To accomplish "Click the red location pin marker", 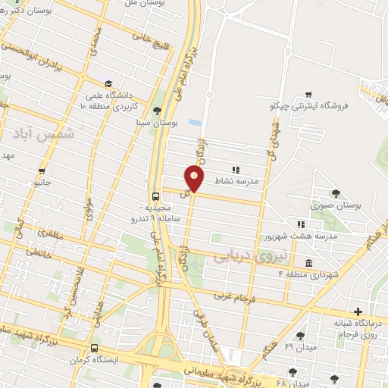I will (195, 179).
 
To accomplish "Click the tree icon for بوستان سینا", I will (158, 111).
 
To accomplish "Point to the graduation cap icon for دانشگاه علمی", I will (108, 83).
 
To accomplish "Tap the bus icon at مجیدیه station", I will (155, 195).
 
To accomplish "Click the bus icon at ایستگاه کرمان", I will (94, 349).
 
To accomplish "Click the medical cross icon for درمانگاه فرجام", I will (358, 311).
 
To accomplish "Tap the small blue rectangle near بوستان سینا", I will (195, 122).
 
